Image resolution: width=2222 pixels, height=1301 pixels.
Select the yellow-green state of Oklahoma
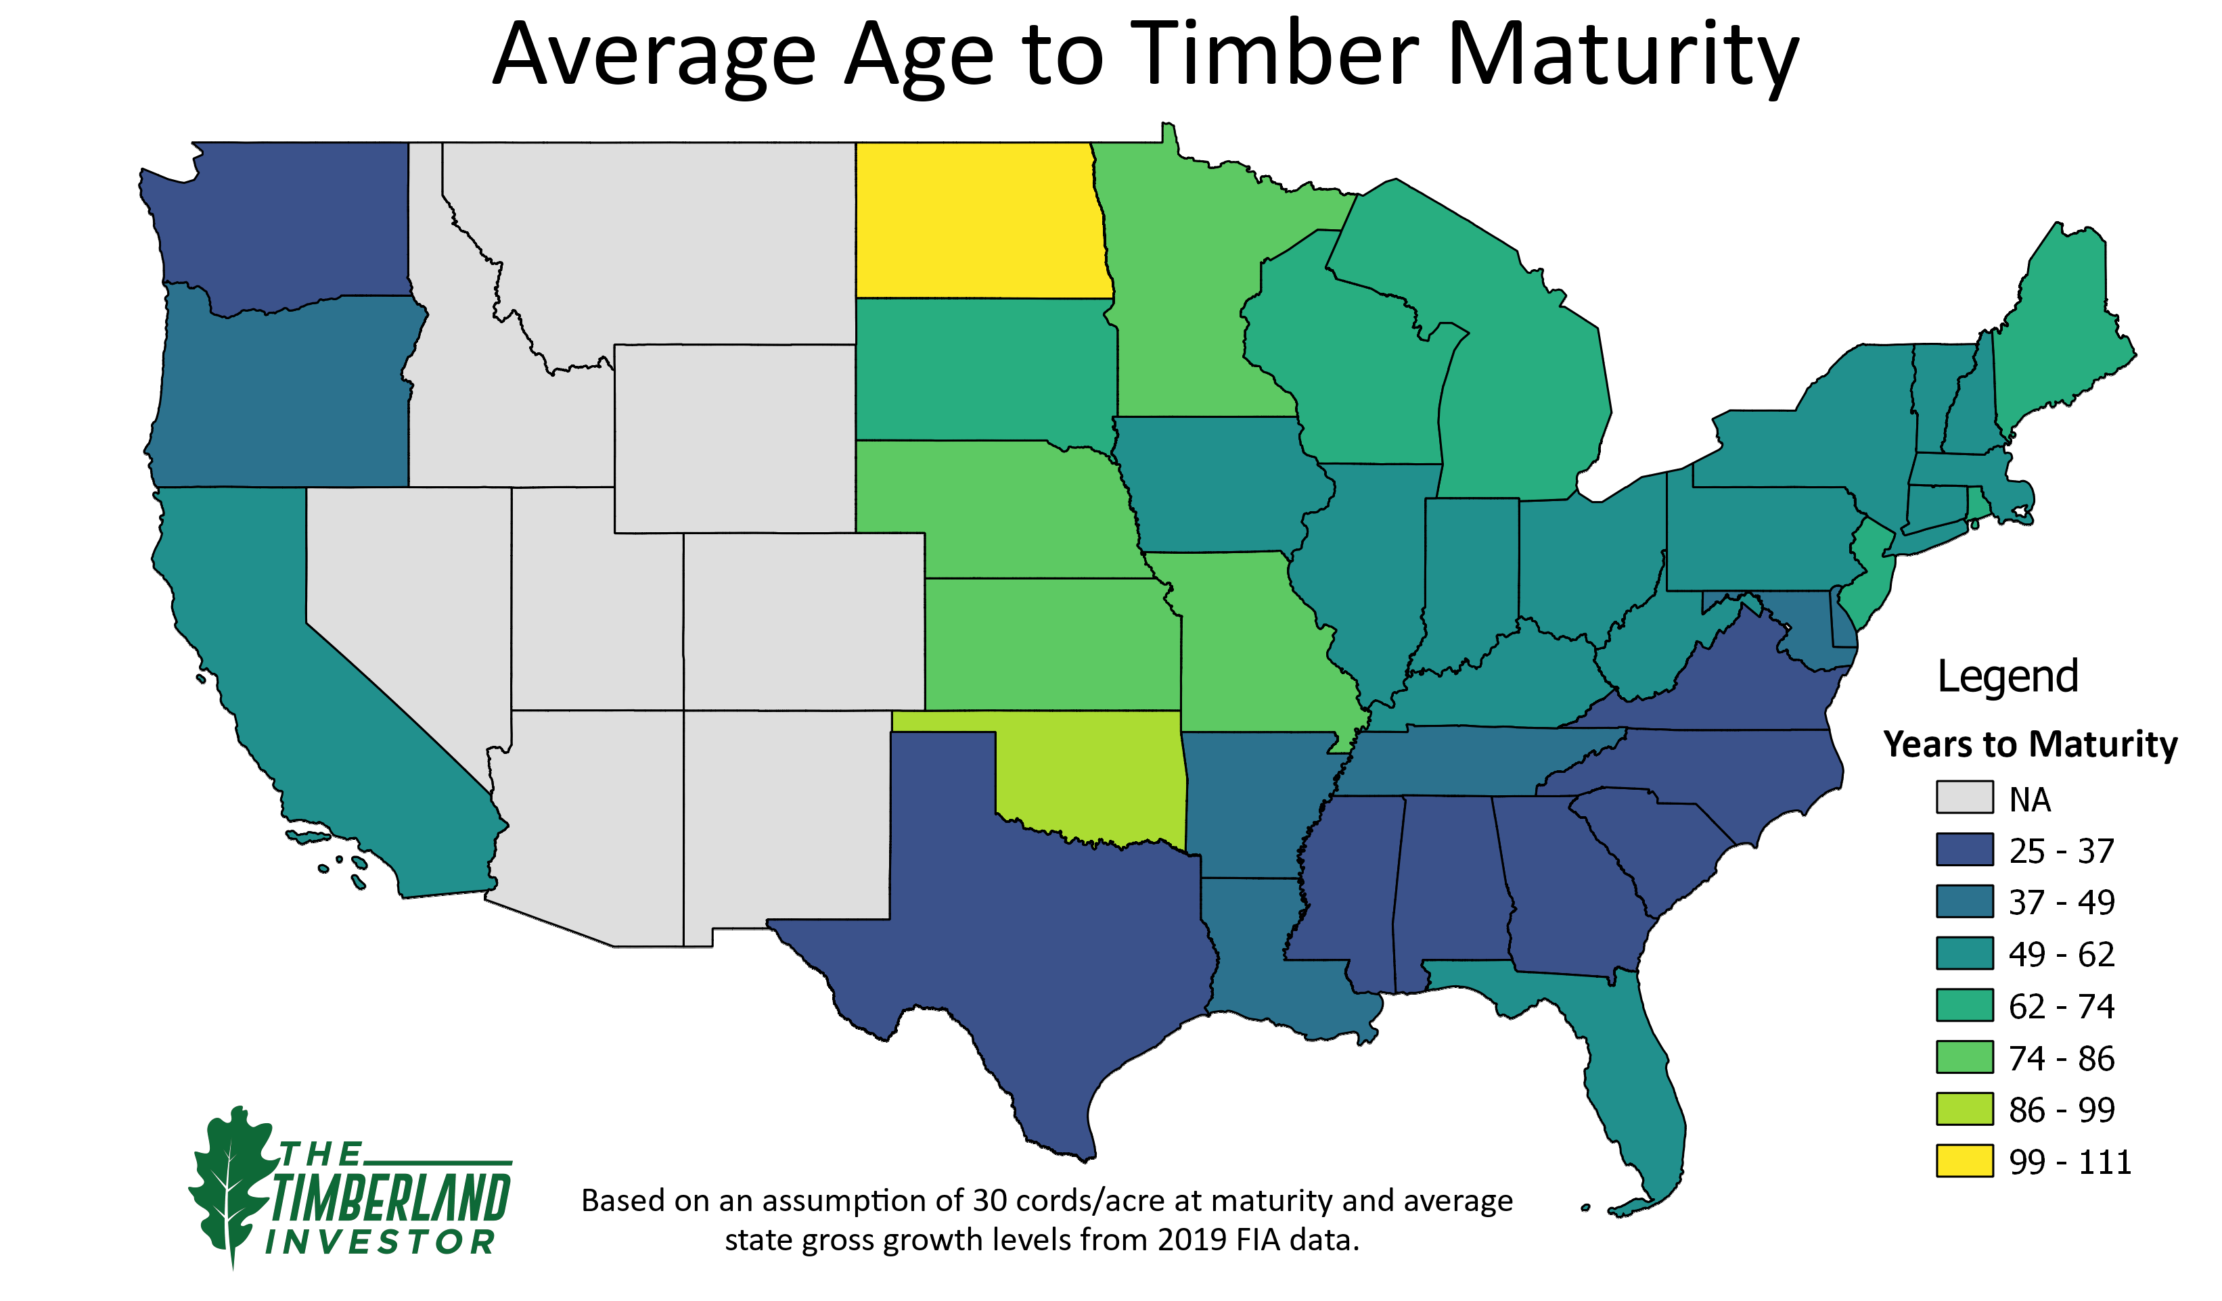point(1093,776)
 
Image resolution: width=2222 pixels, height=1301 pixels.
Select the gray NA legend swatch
point(1964,797)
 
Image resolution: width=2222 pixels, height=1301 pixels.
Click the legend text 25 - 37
point(2062,851)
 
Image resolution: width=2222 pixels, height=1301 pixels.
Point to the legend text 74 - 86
point(2062,1058)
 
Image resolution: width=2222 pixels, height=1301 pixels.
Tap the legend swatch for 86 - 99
point(1964,1109)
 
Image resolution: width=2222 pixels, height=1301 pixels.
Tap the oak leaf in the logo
point(231,1181)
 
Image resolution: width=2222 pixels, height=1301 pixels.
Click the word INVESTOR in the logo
point(379,1242)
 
